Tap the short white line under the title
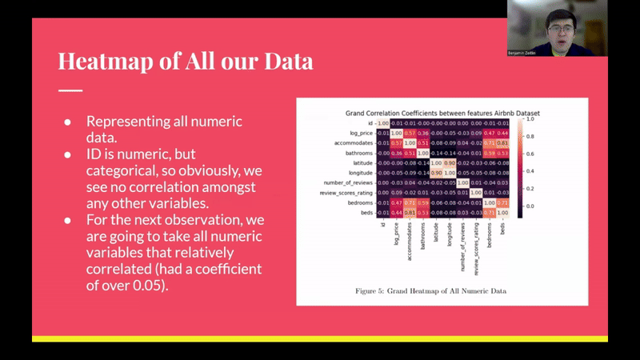coord(70,90)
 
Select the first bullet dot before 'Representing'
coord(69,122)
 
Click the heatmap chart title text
coord(442,114)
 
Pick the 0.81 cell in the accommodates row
coord(502,143)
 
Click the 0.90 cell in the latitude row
coord(450,162)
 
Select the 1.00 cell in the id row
coord(382,123)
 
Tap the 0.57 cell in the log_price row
coord(409,133)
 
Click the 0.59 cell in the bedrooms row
coord(422,202)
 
